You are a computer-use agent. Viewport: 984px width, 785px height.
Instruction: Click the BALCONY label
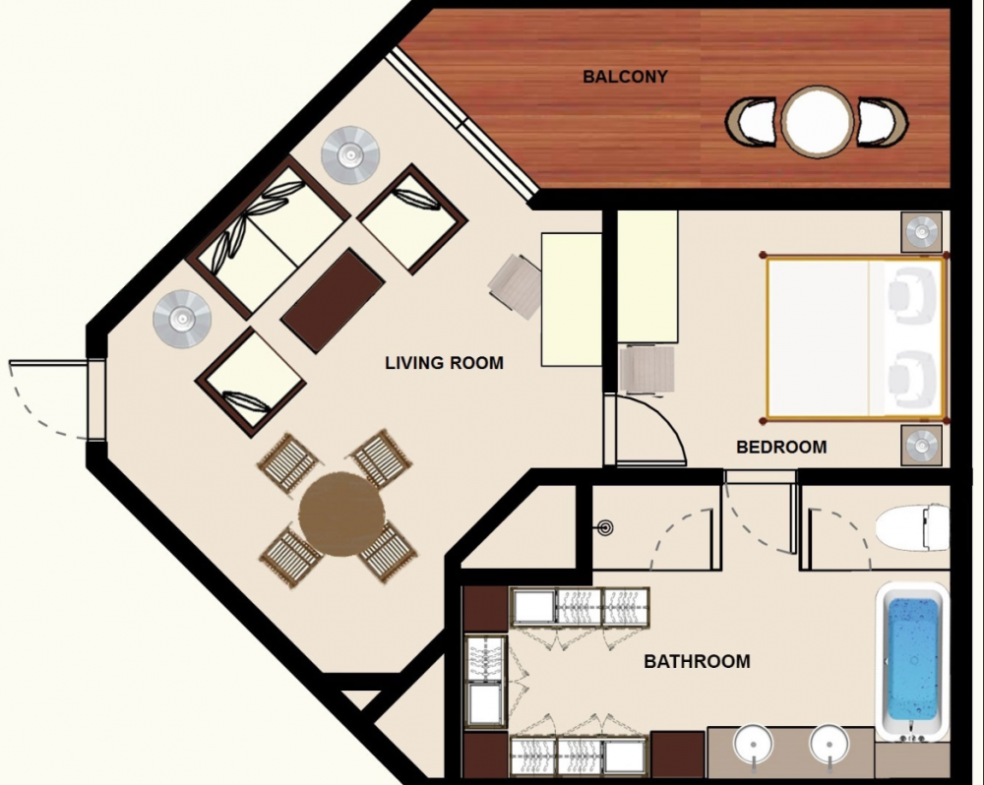625,77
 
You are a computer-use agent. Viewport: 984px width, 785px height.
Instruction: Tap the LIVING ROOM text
444,363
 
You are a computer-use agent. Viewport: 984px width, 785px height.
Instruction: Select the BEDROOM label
781,447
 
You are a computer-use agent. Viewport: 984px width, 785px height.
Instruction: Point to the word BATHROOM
697,662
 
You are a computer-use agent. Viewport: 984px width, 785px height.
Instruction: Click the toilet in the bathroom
911,528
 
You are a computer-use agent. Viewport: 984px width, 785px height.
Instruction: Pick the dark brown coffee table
333,300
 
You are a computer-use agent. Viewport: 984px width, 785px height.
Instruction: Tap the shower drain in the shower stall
606,526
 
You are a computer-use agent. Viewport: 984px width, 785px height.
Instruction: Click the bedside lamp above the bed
922,233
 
